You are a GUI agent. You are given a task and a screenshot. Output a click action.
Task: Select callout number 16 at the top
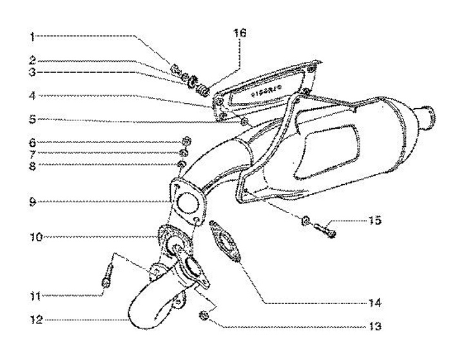240,31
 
